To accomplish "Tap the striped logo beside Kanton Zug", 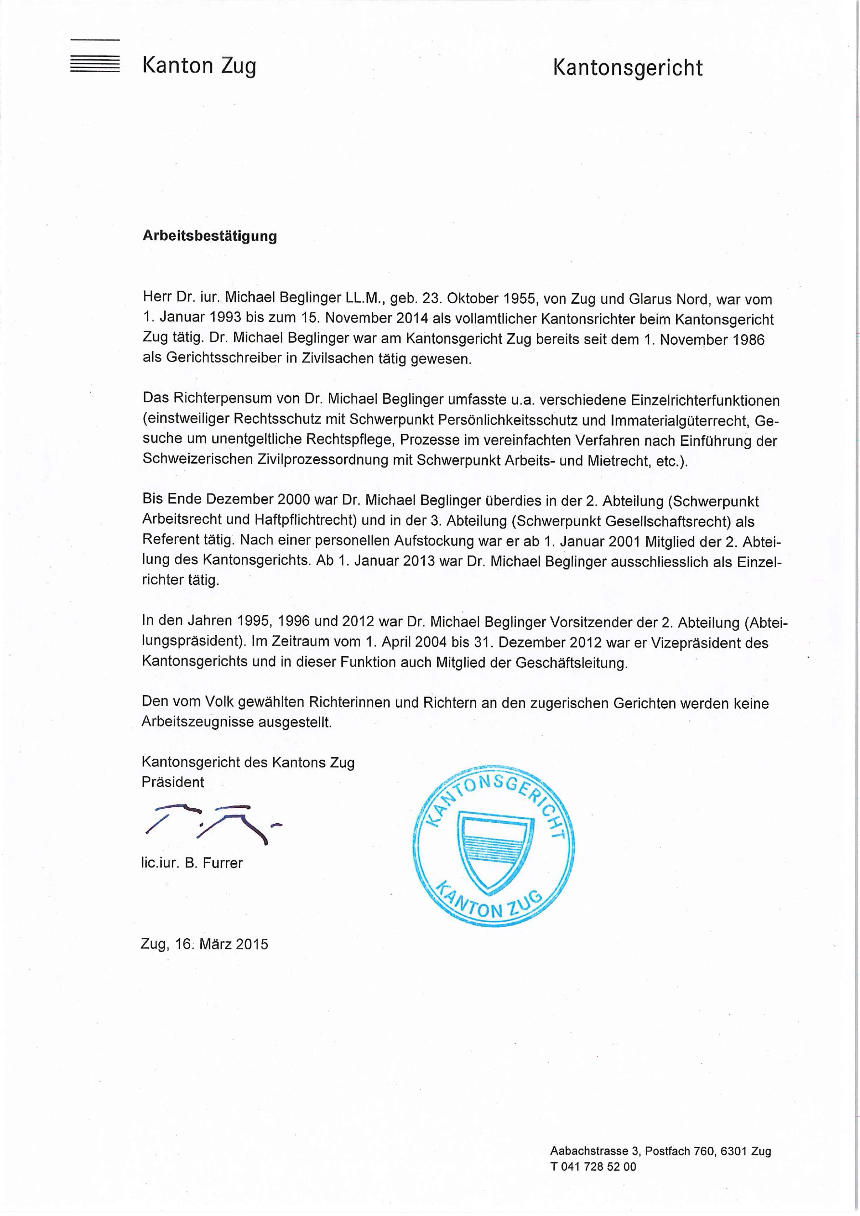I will (95, 64).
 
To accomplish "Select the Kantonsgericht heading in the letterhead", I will (627, 68).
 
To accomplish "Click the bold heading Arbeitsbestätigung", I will (210, 236).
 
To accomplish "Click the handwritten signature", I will (212, 824).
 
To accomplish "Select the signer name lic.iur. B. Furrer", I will (192, 863).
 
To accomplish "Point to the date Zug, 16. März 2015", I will (205, 944).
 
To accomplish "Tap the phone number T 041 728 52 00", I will (593, 1181).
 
